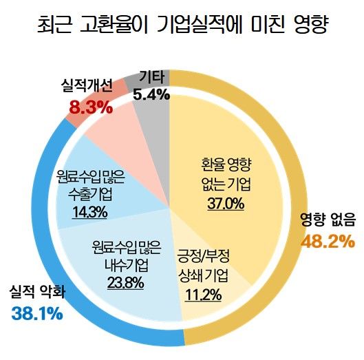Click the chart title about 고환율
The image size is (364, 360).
click(x=182, y=28)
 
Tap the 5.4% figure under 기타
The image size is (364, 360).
click(x=151, y=95)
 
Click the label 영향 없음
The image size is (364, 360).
click(x=328, y=220)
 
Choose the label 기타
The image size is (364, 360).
click(x=151, y=76)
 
